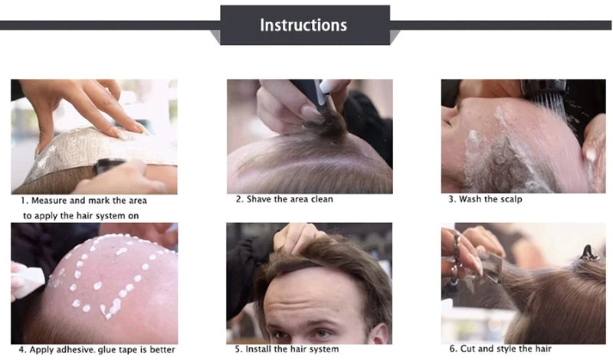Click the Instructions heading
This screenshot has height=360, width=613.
[303, 25]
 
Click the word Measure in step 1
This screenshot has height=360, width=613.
[50, 201]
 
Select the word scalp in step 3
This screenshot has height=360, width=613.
[510, 199]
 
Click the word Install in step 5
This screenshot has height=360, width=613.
[257, 349]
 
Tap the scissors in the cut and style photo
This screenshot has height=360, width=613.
[455, 258]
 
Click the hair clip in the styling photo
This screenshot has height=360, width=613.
[588, 254]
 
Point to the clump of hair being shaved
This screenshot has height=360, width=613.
[326, 123]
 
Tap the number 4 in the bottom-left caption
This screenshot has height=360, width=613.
[21, 349]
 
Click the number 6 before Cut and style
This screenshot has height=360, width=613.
[452, 349]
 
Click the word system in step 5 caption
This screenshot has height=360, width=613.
[324, 349]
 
